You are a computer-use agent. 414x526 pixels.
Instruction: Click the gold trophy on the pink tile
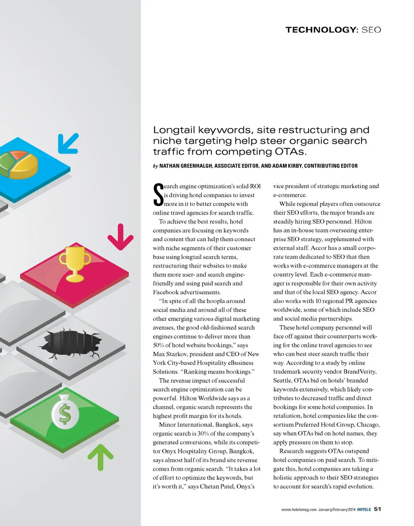(x=75, y=263)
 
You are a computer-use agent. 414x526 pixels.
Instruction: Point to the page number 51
(x=377, y=509)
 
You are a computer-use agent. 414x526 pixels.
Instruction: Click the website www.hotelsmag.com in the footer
(x=299, y=509)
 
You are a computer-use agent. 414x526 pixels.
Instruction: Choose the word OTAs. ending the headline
(x=289, y=151)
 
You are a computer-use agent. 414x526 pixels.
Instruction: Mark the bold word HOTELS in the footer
(x=364, y=509)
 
